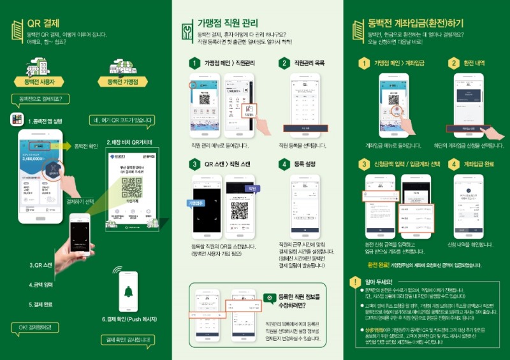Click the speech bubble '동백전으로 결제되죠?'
40,99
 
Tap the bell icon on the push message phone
129,292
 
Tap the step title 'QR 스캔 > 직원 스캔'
227,164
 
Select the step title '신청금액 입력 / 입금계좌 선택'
402,164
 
